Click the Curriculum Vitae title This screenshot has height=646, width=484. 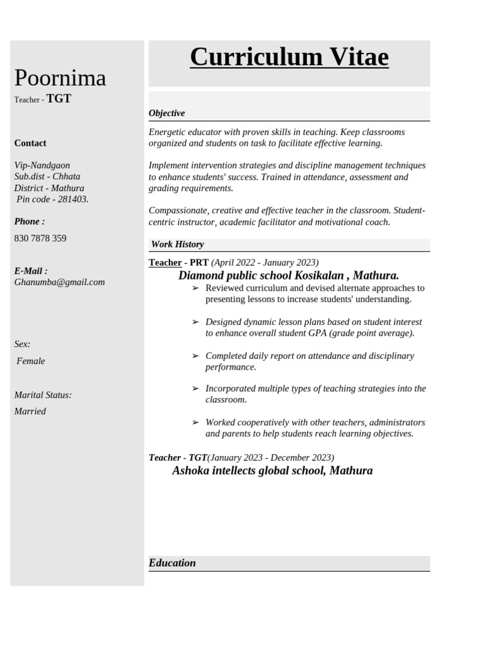tap(289, 57)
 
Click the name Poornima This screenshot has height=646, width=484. tap(60, 78)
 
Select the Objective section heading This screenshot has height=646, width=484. tap(166, 113)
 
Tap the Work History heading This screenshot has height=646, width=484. tap(177, 244)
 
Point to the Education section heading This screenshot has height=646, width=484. tap(172, 563)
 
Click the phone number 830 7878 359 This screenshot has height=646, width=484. tap(40, 238)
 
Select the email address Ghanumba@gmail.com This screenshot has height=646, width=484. tap(59, 282)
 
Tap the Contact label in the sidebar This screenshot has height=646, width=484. tap(30, 143)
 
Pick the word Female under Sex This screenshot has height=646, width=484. tap(31, 361)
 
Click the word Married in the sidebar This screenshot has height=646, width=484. tap(30, 411)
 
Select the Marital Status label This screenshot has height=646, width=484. tap(43, 395)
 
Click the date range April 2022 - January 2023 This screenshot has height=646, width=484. tap(265, 262)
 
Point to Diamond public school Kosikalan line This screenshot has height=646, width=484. tap(289, 276)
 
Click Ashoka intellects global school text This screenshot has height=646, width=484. tap(272, 471)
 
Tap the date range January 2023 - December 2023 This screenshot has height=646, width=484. tap(271, 457)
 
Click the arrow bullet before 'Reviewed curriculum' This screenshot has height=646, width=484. tap(195, 288)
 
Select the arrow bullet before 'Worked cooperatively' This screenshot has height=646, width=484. tap(195, 423)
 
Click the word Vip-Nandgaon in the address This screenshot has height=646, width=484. tap(42, 165)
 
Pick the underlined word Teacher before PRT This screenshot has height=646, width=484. tap(165, 262)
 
